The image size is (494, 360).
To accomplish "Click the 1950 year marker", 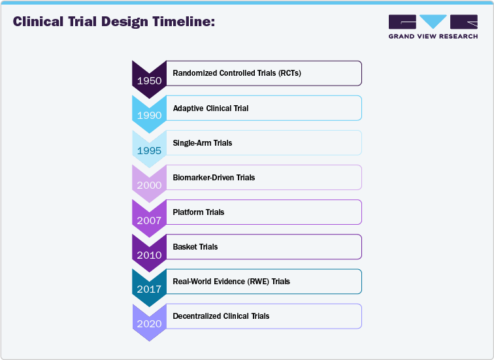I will [x=149, y=80].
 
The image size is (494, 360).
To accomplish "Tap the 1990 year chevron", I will [x=149, y=115].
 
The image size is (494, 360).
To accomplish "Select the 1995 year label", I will [x=149, y=150].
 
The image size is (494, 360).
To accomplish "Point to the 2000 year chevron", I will [x=149, y=184].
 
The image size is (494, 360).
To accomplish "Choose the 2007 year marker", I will [x=149, y=220].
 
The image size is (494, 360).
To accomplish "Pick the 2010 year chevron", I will [x=149, y=254].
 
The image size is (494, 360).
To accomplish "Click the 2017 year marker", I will [x=149, y=289].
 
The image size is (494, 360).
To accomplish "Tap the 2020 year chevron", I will [x=149, y=323].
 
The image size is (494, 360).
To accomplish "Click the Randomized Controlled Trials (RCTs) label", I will [x=237, y=73].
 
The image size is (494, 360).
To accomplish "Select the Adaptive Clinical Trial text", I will [x=210, y=108].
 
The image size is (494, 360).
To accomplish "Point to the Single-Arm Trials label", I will [x=202, y=142].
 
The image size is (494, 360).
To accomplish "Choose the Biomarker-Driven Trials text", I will [x=214, y=177].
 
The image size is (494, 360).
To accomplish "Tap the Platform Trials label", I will [x=198, y=212].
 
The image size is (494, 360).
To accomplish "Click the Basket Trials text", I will [x=195, y=246].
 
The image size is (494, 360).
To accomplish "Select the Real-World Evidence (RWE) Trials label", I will [x=231, y=281].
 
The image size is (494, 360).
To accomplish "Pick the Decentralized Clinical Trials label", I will [x=221, y=316].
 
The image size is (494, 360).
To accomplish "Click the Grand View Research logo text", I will [x=433, y=37].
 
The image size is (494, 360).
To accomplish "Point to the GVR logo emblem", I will [x=433, y=22].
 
